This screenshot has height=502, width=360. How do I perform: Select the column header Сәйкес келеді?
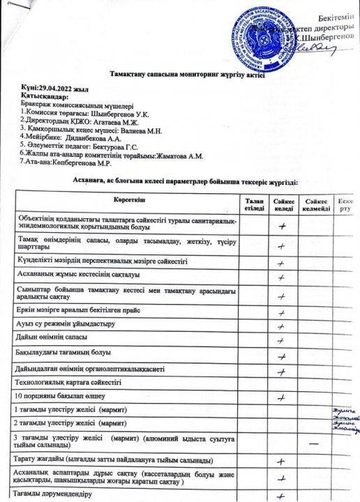283,204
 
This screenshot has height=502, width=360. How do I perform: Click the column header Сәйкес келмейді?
316,204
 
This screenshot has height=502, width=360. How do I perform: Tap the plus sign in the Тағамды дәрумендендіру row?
283,496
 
